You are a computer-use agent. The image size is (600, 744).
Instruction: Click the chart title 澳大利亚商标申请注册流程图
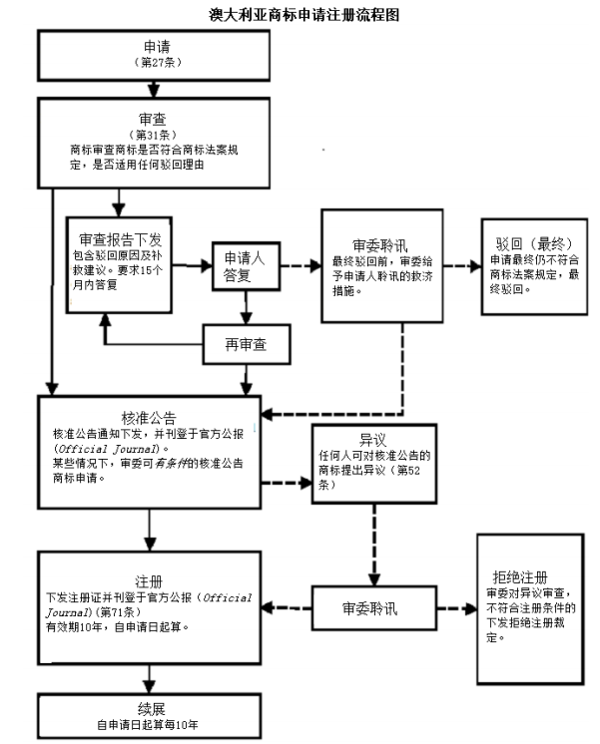point(299,14)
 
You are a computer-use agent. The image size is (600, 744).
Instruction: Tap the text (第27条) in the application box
point(155,62)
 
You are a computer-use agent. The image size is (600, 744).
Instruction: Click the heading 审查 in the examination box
point(155,117)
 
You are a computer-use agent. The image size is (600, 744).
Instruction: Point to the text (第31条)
point(155,133)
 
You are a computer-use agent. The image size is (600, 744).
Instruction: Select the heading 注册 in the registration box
point(149,577)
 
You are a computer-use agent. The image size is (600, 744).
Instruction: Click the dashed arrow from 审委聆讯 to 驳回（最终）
point(461,266)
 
